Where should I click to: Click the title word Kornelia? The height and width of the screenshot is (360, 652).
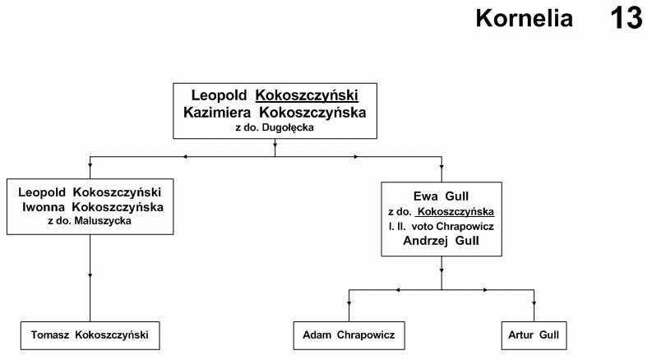point(524,18)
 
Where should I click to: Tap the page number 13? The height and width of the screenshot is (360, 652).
point(627,18)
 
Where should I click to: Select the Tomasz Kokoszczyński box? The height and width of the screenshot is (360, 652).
point(90,335)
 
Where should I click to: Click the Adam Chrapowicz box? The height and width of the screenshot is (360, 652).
point(349,335)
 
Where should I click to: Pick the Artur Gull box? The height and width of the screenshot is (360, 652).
point(534,335)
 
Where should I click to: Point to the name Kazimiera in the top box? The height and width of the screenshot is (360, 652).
point(217,113)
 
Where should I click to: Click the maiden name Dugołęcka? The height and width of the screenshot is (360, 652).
point(288,127)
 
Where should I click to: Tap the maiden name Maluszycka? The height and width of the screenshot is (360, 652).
point(103,221)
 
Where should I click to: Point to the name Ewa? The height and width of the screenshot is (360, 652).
point(425,196)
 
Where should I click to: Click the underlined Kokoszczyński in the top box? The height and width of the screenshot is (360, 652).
point(307,95)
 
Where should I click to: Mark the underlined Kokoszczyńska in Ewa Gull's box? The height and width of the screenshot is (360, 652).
point(455,212)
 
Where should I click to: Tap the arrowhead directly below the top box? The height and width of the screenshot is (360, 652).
point(275,145)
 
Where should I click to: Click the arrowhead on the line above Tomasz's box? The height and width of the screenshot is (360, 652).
point(90,275)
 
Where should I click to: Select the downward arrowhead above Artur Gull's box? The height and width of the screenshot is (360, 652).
point(534,303)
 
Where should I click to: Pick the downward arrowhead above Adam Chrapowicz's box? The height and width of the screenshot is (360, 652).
point(349,303)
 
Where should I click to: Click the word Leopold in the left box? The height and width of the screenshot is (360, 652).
point(42,192)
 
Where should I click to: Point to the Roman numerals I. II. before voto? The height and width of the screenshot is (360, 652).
point(397,227)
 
